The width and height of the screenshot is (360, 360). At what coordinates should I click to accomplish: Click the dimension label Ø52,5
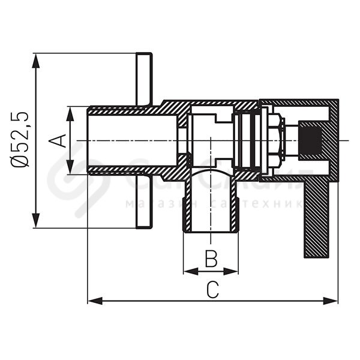pos(21,140)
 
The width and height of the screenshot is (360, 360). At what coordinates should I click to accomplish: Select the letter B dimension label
pos(211,259)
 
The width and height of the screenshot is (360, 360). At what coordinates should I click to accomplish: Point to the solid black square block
pos(310,140)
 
